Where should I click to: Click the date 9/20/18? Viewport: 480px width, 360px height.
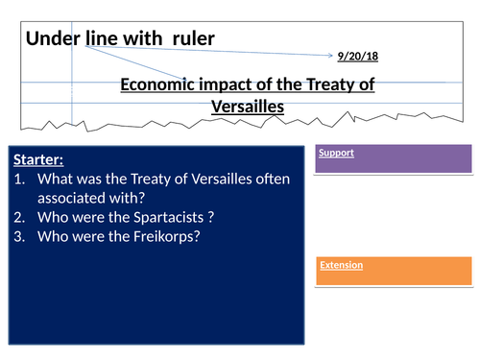point(358,57)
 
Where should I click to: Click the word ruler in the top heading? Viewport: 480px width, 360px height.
point(188,38)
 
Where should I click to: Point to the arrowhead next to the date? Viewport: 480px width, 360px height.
point(332,57)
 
